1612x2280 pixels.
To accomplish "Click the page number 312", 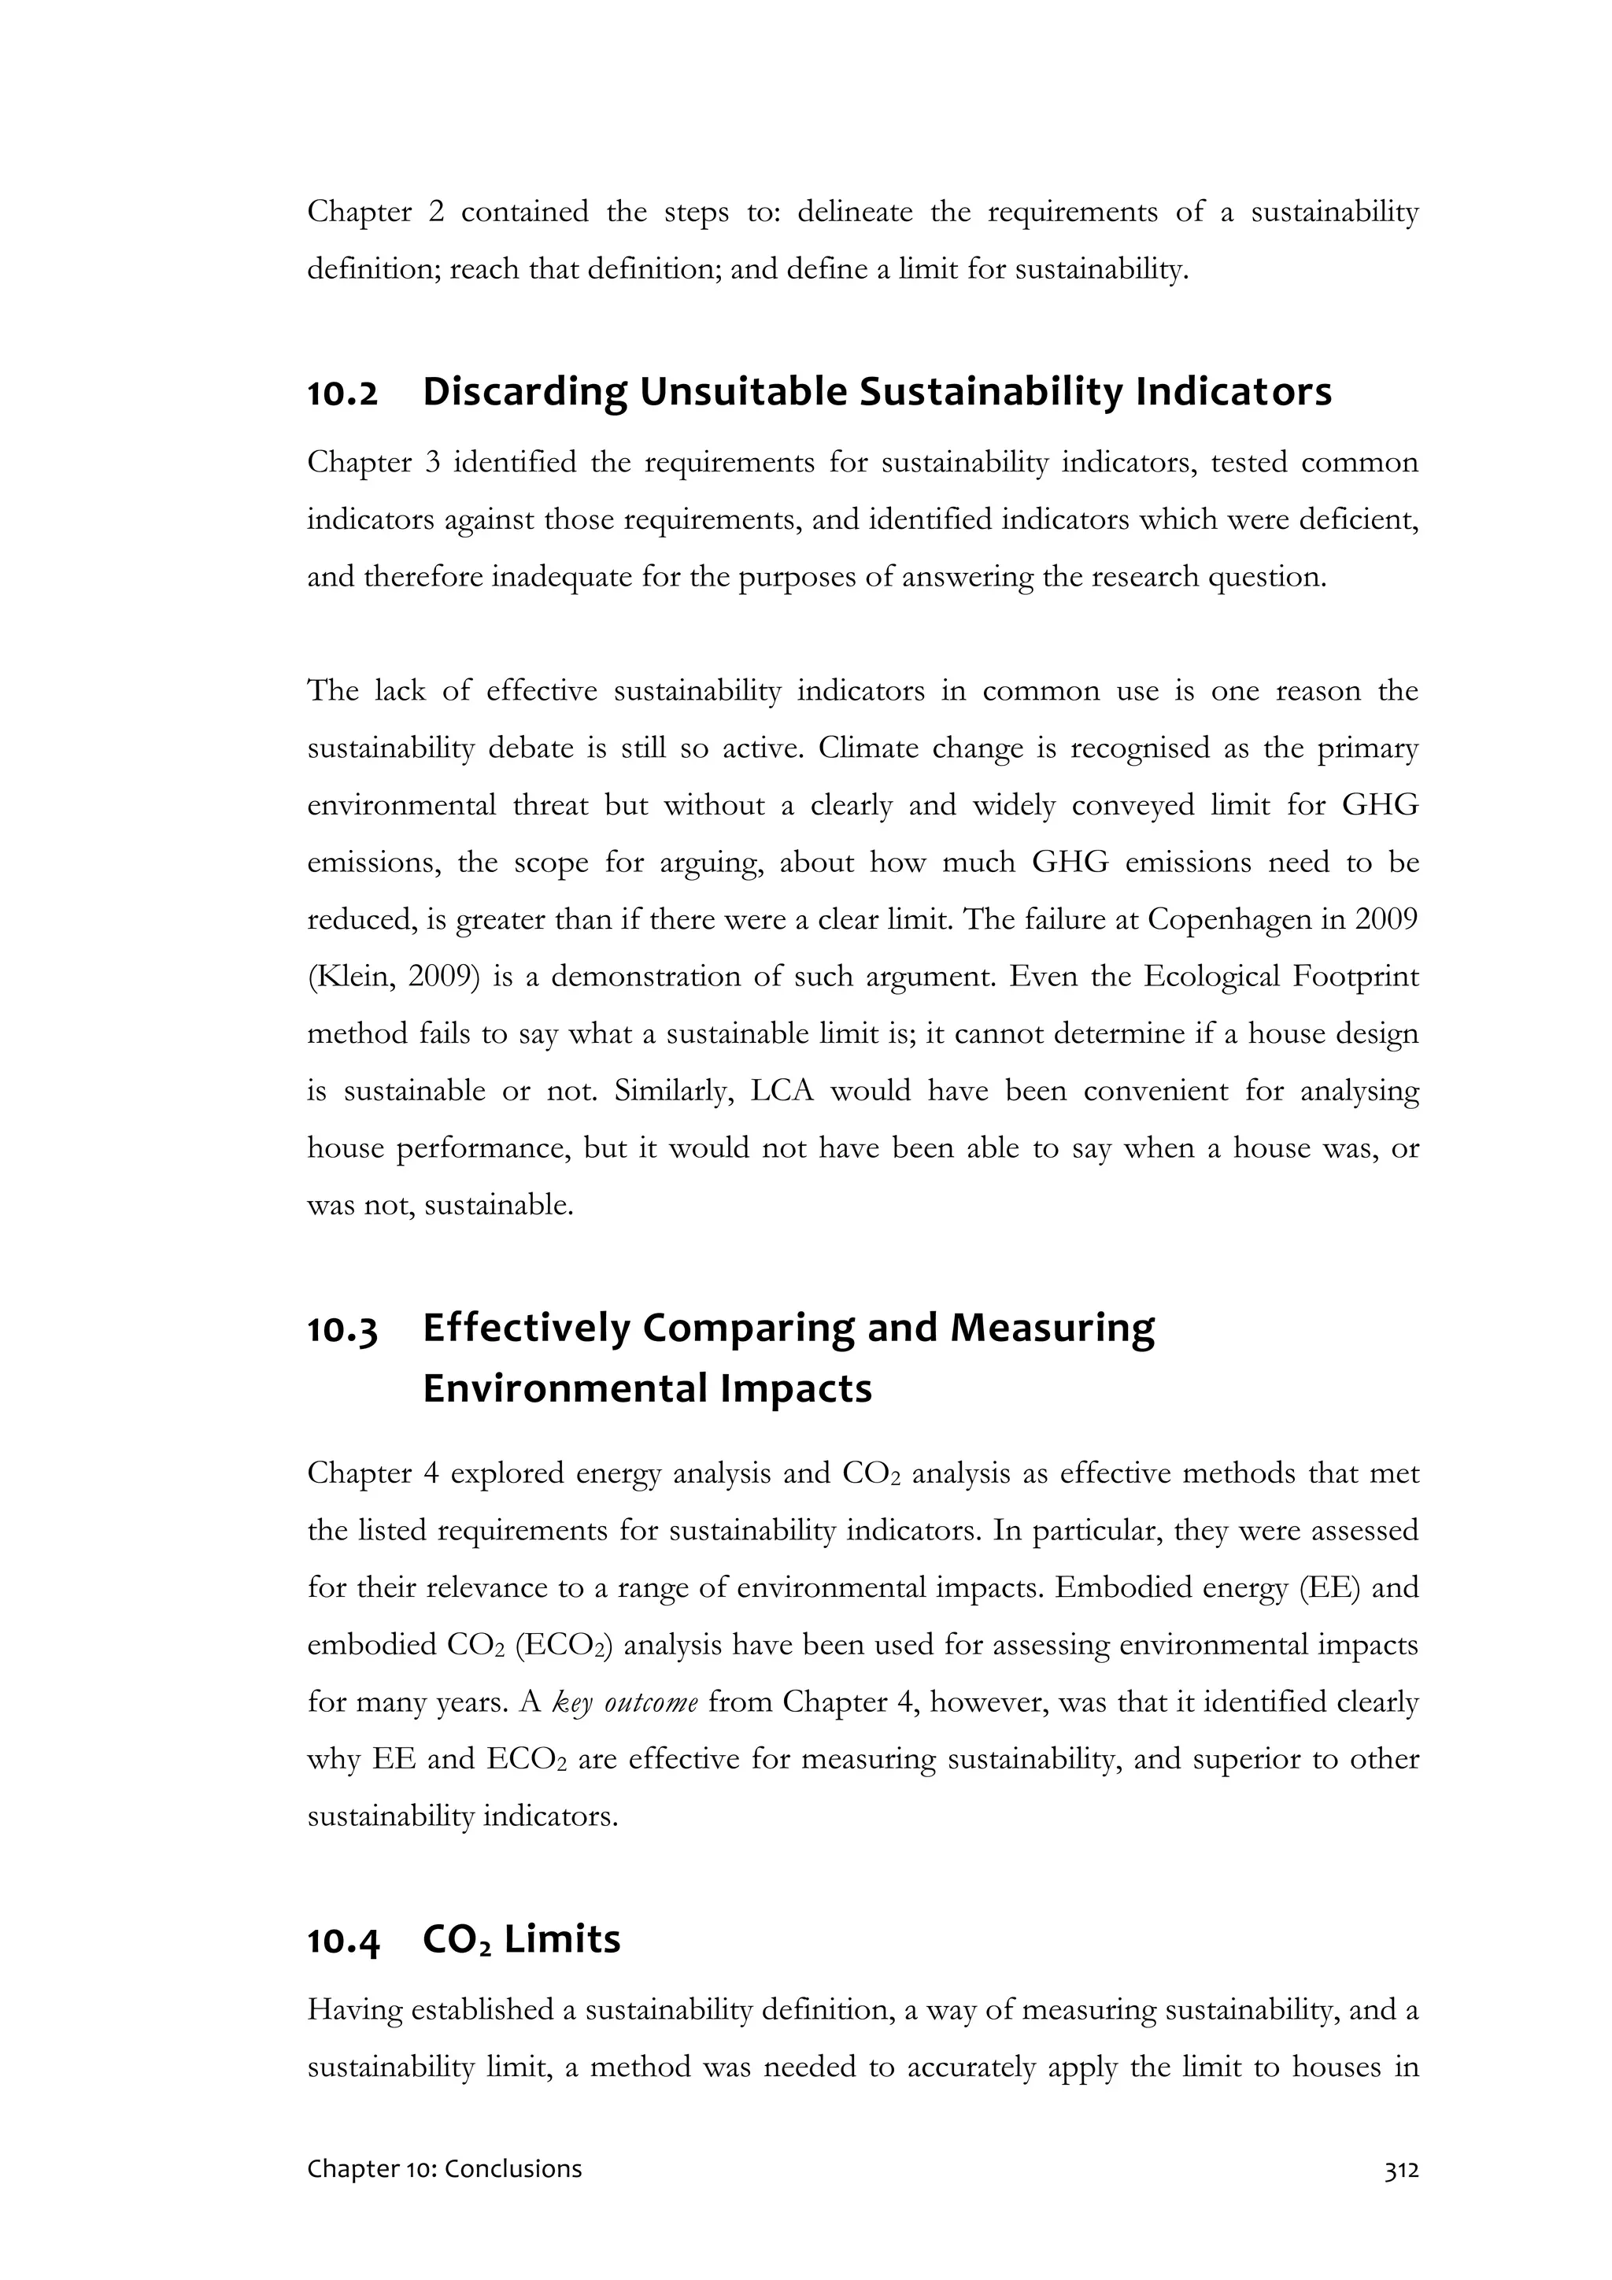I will coord(1400,2170).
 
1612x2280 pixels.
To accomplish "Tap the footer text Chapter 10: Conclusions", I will coord(444,2169).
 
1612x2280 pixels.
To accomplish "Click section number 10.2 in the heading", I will coord(342,394).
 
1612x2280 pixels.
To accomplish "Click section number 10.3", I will coord(342,1331).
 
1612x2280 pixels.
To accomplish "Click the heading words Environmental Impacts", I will coord(646,1388).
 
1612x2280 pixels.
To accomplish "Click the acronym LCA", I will coord(782,1092).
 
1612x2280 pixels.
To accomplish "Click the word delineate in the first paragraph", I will coord(854,212).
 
